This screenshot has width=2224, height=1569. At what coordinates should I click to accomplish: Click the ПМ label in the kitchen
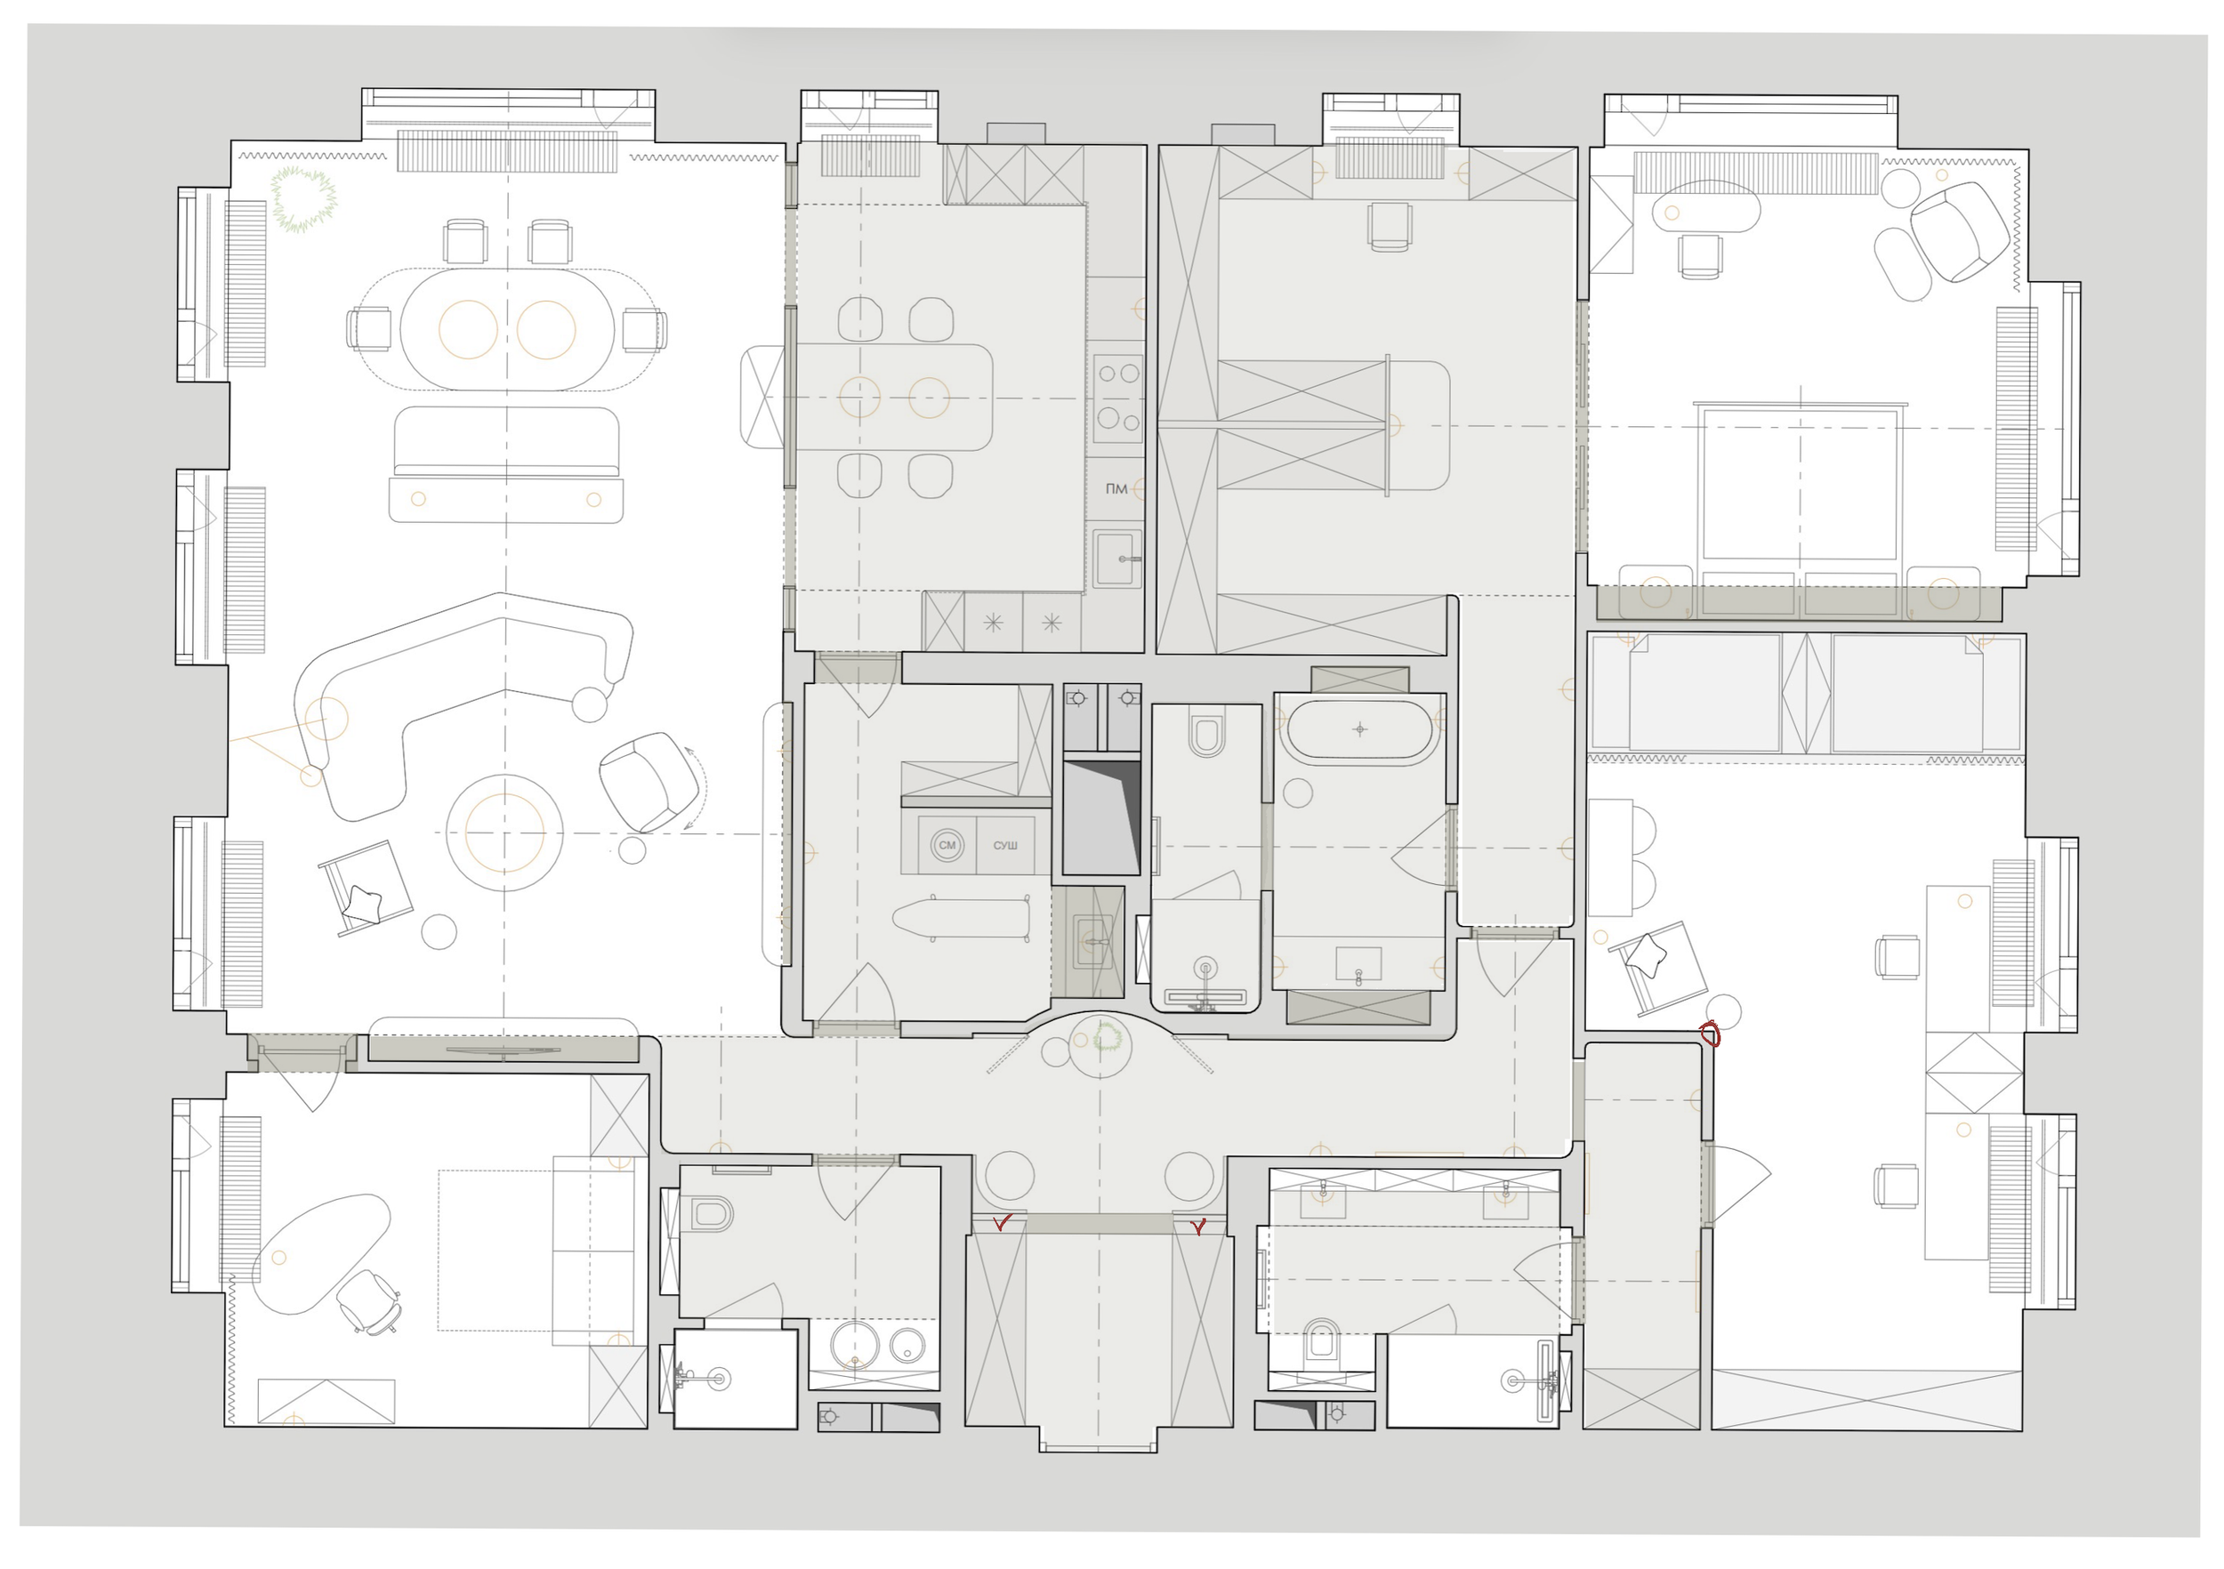click(x=1116, y=489)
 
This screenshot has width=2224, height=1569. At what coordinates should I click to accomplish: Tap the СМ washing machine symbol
click(x=947, y=845)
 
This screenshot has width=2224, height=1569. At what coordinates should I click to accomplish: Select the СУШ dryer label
click(x=1005, y=846)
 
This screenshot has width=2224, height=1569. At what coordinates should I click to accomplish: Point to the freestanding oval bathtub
click(x=1360, y=729)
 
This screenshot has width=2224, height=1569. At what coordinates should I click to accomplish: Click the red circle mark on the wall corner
click(x=1710, y=1034)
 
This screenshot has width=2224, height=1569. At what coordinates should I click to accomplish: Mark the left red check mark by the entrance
click(x=1003, y=1222)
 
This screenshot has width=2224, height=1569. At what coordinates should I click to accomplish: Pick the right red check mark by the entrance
click(x=1199, y=1227)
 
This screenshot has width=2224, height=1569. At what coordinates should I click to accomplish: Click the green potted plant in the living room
click(x=303, y=199)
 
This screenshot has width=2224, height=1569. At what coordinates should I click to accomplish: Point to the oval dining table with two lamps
click(x=508, y=329)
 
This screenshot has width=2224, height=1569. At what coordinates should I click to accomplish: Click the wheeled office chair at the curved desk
click(x=369, y=1300)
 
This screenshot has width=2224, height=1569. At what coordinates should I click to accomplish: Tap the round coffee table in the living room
click(x=504, y=833)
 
